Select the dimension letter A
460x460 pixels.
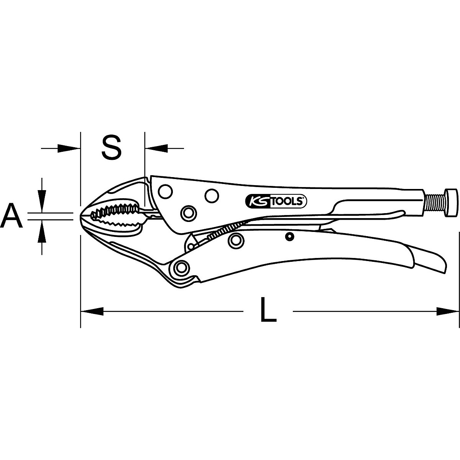12,216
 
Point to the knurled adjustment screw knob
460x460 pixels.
450,202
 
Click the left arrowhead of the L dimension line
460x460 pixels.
92,311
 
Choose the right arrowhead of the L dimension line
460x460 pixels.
447,311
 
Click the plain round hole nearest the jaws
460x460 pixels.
165,191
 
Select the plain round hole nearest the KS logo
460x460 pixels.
210,196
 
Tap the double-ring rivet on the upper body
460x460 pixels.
188,212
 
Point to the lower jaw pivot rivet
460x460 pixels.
181,267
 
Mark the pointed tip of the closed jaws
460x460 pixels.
82,216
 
